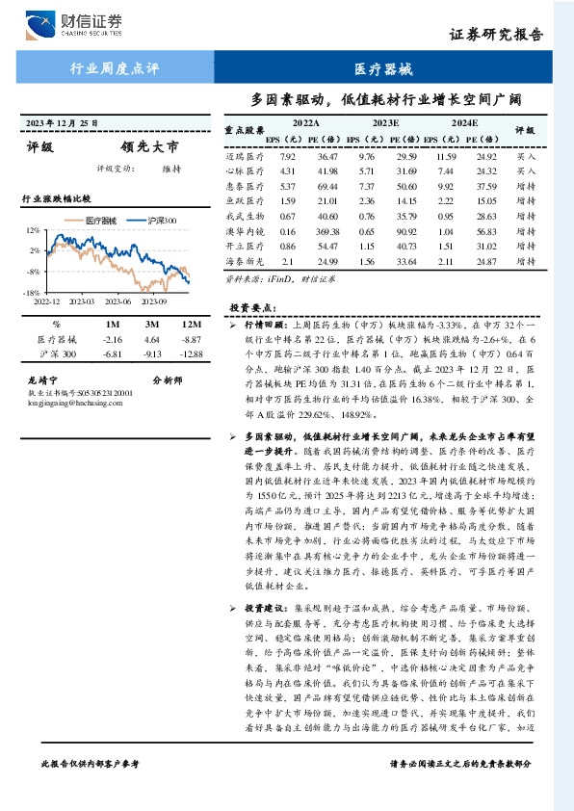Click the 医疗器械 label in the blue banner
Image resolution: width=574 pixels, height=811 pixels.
[x=383, y=70]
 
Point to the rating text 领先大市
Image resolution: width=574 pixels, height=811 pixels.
[x=149, y=148]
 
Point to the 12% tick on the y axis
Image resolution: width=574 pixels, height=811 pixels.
[x=33, y=231]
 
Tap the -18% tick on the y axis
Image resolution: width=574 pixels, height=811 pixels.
[x=32, y=292]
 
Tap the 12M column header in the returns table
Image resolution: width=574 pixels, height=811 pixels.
[x=191, y=325]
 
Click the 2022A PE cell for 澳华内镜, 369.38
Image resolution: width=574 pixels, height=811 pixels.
[x=327, y=232]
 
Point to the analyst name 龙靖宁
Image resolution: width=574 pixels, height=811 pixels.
[x=43, y=380]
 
